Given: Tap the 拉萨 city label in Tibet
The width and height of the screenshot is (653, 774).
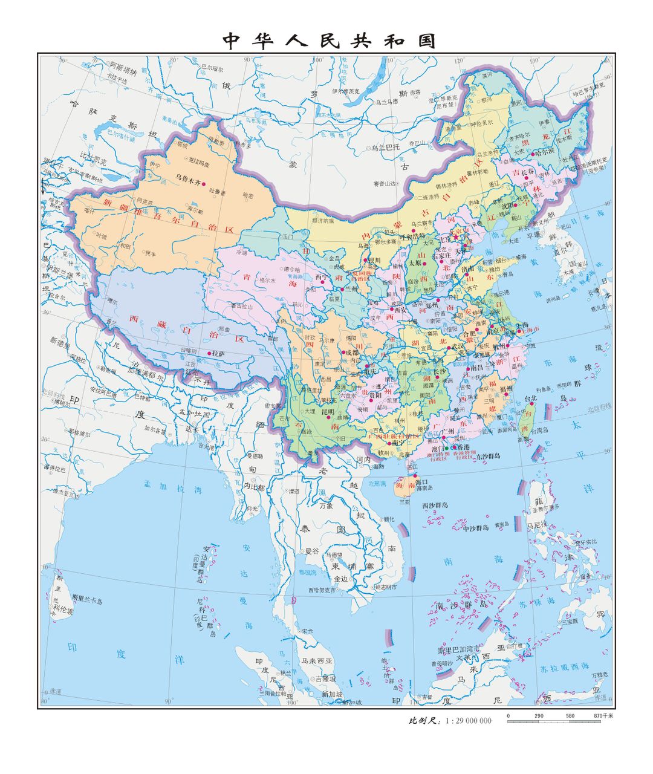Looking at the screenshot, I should click(218, 353).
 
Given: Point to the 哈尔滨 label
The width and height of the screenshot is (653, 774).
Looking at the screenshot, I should click(545, 154).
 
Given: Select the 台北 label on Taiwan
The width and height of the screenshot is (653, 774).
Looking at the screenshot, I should click(530, 398).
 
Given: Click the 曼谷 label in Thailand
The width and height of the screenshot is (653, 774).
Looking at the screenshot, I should click(311, 551).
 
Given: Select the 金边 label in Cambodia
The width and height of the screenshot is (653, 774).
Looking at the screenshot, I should click(341, 579).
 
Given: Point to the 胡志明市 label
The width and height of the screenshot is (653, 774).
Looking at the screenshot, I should click(385, 587).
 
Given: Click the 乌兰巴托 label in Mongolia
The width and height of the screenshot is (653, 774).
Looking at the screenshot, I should click(385, 147).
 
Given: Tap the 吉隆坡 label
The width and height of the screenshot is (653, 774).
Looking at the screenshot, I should click(325, 679).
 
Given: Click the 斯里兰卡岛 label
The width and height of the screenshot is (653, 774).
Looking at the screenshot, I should click(86, 600).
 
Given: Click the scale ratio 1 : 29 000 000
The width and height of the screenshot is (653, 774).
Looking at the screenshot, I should click(468, 721).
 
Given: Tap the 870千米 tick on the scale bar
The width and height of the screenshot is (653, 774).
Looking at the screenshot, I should click(603, 716).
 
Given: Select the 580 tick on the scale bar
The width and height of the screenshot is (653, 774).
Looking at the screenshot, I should click(570, 716).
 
